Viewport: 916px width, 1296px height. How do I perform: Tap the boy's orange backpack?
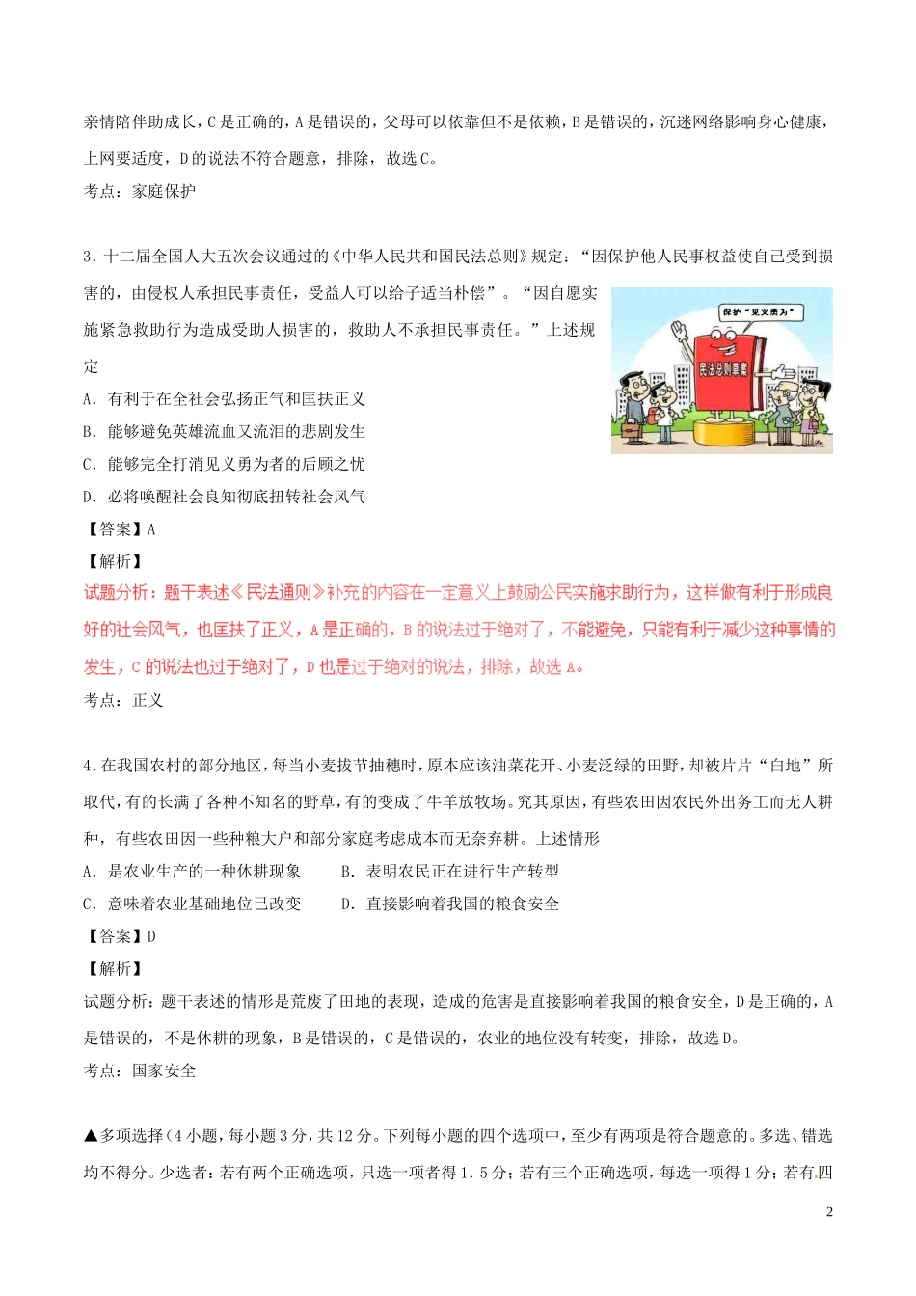click(651, 416)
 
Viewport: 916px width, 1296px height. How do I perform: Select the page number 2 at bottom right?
click(829, 1212)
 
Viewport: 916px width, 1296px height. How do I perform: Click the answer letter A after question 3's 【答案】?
click(151, 529)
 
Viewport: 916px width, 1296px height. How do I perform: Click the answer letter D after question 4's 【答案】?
click(151, 936)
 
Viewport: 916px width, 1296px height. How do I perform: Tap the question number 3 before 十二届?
click(88, 256)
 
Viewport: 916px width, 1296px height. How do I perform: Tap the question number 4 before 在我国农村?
click(88, 766)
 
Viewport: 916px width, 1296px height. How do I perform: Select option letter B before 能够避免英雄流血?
click(89, 432)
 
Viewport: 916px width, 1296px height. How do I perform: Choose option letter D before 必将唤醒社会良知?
click(89, 498)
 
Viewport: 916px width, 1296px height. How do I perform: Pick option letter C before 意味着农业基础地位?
click(89, 904)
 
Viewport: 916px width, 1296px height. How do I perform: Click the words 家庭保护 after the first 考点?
click(164, 192)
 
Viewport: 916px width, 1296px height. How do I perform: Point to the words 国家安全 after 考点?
click(164, 1071)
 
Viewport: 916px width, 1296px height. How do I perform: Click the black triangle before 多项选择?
click(91, 1136)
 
